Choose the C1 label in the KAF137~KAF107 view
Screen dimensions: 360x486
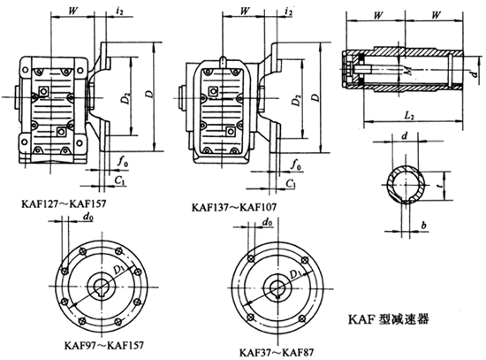pyautogui.click(x=291, y=182)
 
